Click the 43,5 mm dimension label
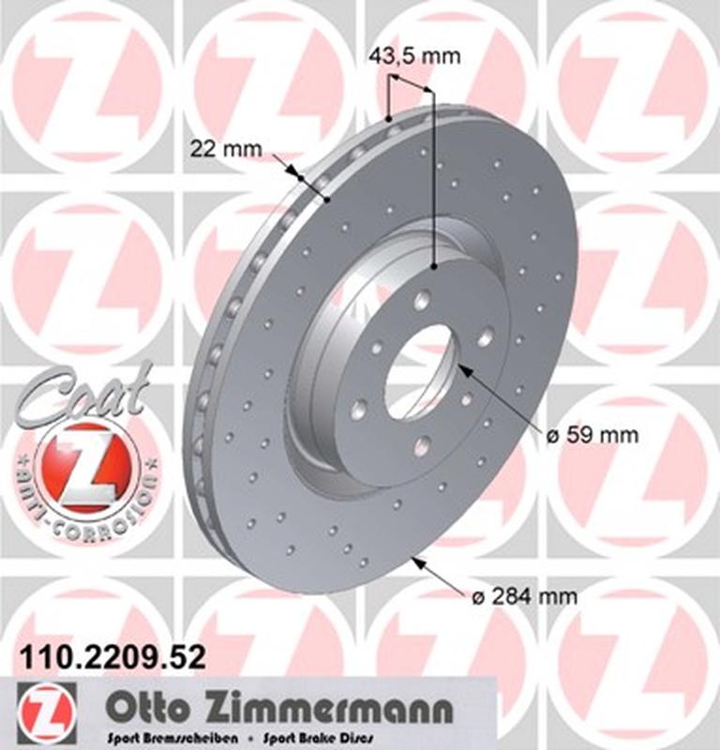coord(415,56)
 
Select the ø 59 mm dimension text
coord(592,435)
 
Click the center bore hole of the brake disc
coord(418,371)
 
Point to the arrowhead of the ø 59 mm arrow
coord(462,372)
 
